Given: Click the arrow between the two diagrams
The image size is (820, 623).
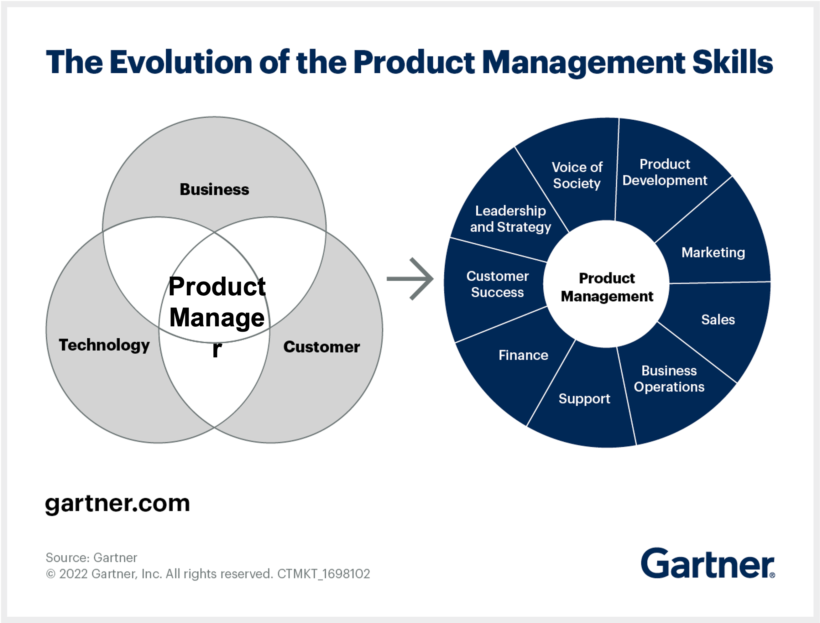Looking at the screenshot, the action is pos(410,278).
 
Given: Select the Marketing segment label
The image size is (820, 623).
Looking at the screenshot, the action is pos(713,252).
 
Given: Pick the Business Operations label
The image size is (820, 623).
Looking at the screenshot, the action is pos(669,379).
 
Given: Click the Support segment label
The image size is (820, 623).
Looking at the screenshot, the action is pos(584,399).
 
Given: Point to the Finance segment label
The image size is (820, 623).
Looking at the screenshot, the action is pos(523,355).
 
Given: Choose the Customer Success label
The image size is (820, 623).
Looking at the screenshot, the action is pos(497,284).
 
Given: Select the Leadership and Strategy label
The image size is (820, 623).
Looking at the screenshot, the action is pos(510,219).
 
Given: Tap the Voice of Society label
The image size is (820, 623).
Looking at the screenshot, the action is pos(577,175).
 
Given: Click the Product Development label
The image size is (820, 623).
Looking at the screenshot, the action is pos(665,172).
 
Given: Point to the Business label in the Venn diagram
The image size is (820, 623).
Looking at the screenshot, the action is pos(214,189).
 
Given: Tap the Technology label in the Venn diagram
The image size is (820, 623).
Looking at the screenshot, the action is pos(104,345).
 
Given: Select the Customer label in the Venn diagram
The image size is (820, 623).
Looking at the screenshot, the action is pos(321,347).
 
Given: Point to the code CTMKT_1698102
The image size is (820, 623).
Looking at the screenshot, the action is pos(323,574).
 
